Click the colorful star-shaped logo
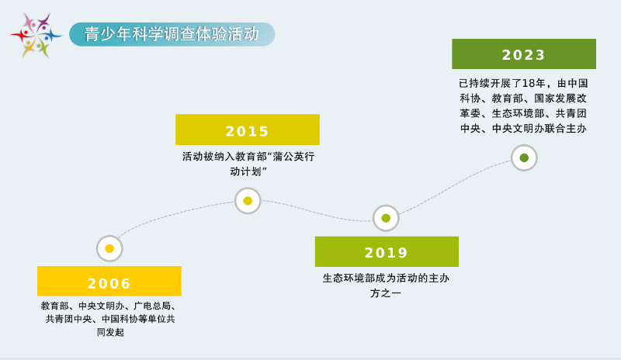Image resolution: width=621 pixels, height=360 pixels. coord(36,35)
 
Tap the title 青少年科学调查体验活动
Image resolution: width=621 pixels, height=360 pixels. coord(172,34)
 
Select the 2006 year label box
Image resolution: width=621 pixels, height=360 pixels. coord(109,281)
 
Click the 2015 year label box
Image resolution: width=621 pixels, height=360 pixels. coord(248,130)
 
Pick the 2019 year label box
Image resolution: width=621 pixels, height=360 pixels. coord(387,252)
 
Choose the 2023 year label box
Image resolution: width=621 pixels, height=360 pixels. coord(524,54)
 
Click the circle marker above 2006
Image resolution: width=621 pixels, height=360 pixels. coord(109,249)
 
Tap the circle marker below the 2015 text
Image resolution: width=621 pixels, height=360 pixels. coord(248,201)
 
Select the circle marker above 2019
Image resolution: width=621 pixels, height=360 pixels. coord(386,218)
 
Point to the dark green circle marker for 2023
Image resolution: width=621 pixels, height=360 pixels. coord(524,157)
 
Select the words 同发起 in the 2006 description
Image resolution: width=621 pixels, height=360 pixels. coord(110,332)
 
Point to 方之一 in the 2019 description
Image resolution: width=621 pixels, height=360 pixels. coord(386,293)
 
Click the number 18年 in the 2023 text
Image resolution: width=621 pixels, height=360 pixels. coord(533,83)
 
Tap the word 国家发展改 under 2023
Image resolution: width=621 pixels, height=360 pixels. coord(560,99)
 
